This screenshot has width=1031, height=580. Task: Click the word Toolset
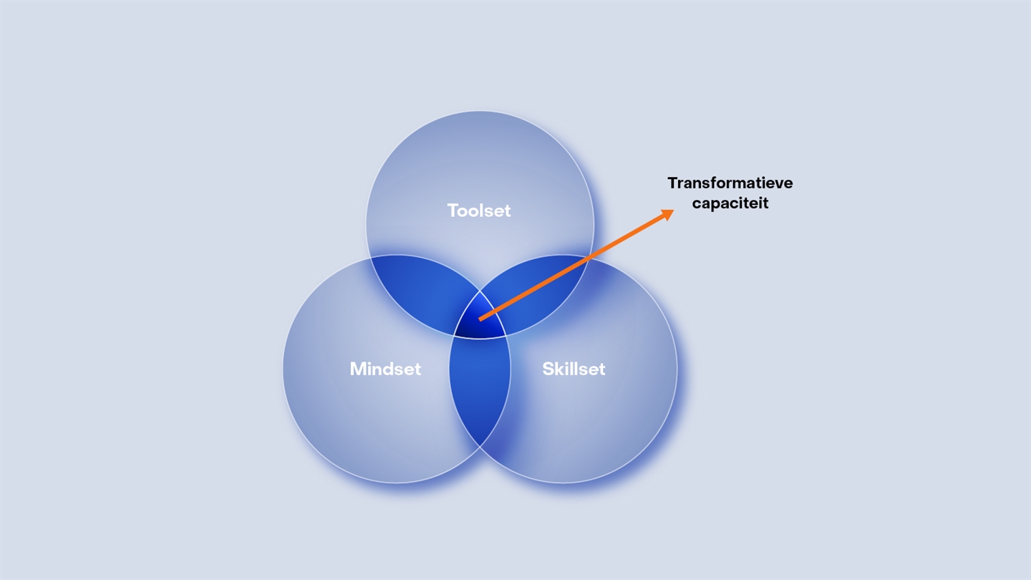[479, 211]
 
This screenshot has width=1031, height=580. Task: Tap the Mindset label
[385, 369]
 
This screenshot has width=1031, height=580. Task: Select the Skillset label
[573, 369]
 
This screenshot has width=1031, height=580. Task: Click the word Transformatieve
[730, 183]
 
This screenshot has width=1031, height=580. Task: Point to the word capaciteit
[730, 203]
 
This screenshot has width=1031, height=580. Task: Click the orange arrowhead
[667, 215]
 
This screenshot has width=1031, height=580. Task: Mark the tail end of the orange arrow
[480, 319]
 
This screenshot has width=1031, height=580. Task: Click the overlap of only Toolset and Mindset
[419, 290]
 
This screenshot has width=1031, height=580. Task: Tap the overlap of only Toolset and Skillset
[538, 290]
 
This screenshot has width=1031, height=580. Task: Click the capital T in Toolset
[453, 211]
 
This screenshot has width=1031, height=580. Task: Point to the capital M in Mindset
[359, 369]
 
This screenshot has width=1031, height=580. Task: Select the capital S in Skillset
[548, 369]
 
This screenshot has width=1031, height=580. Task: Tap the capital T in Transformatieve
[673, 183]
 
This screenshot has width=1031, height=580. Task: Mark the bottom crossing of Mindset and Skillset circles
[480, 447]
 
